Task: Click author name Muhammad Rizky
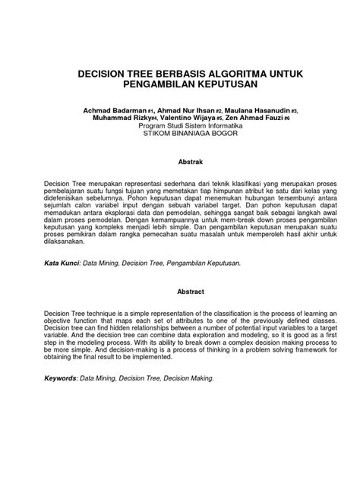(118, 118)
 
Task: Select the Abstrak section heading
(179, 161)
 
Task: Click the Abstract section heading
(179, 291)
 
